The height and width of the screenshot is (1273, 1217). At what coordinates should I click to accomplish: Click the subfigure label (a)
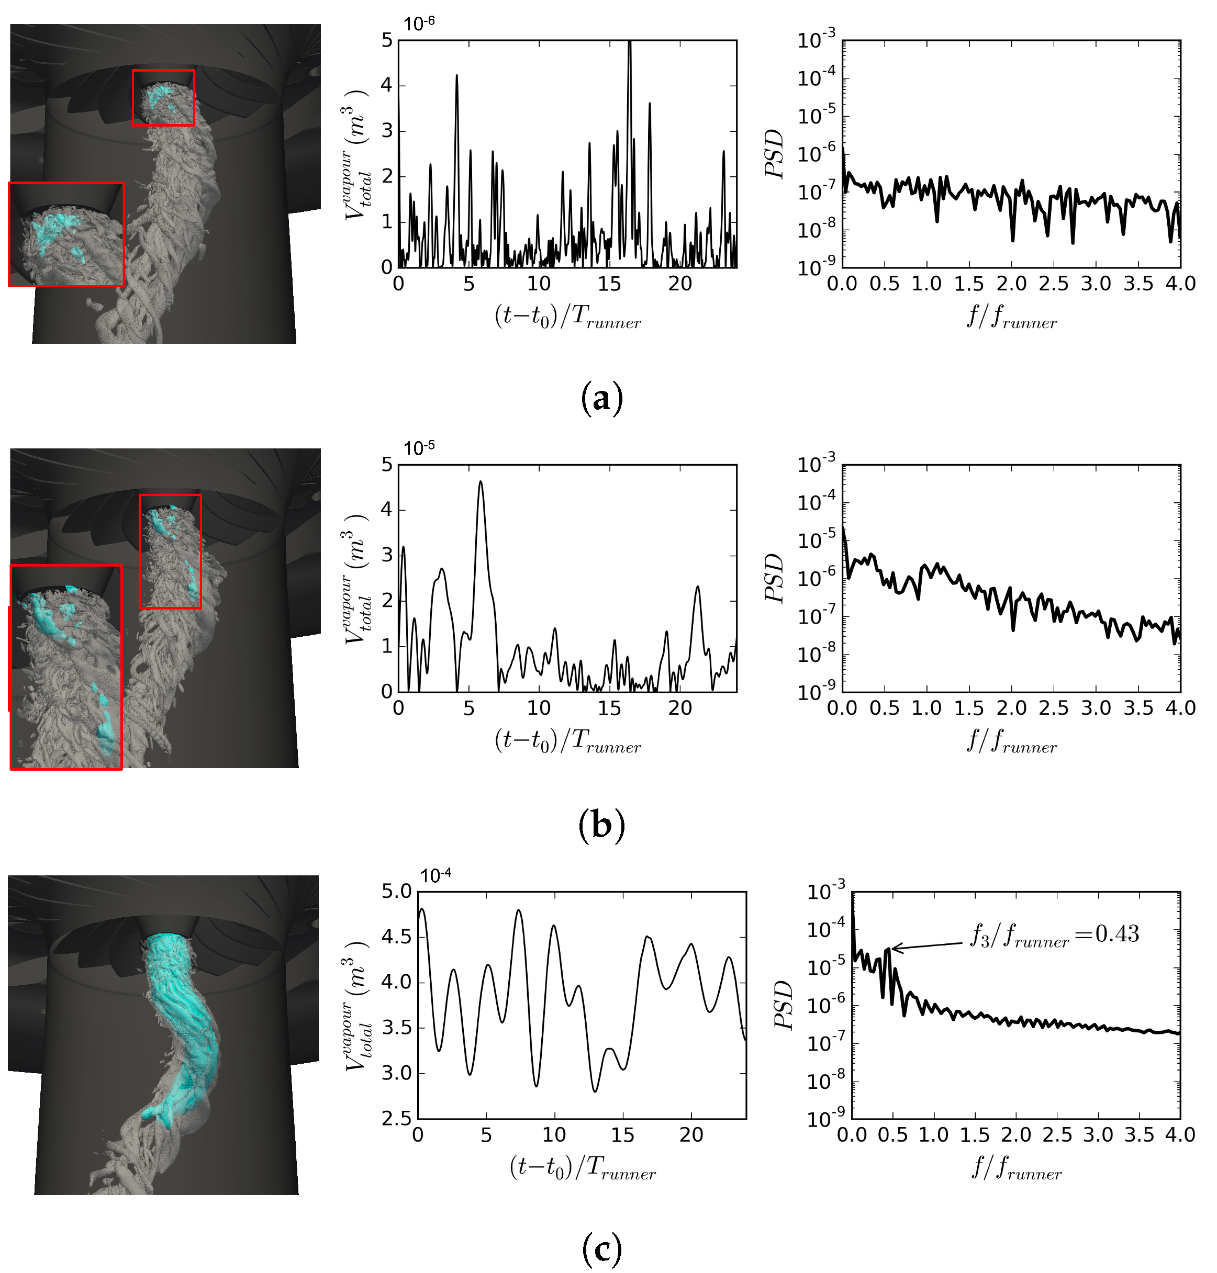pyautogui.click(x=601, y=398)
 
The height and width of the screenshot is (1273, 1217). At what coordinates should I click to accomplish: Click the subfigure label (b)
pyautogui.click(x=601, y=825)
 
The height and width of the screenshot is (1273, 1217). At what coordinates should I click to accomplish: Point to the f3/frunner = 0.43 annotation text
pyautogui.click(x=1054, y=935)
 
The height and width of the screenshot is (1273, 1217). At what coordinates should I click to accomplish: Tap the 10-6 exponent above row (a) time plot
pyautogui.click(x=419, y=24)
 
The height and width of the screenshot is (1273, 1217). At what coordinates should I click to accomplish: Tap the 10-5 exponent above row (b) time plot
pyautogui.click(x=419, y=448)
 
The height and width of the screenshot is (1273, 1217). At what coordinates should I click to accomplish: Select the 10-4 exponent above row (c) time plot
pyautogui.click(x=436, y=875)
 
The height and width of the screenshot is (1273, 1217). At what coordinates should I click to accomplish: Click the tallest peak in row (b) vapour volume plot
pyautogui.click(x=481, y=482)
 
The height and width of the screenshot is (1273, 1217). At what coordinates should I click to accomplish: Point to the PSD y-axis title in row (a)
pyautogui.click(x=775, y=154)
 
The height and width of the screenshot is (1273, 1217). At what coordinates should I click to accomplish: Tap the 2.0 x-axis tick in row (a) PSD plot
pyautogui.click(x=1011, y=284)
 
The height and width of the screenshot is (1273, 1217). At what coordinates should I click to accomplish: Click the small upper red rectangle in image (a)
pyautogui.click(x=163, y=98)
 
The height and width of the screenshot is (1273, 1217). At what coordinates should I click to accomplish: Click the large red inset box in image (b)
pyautogui.click(x=66, y=667)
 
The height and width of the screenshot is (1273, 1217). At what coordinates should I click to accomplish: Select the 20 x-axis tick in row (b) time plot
pyautogui.click(x=680, y=707)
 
